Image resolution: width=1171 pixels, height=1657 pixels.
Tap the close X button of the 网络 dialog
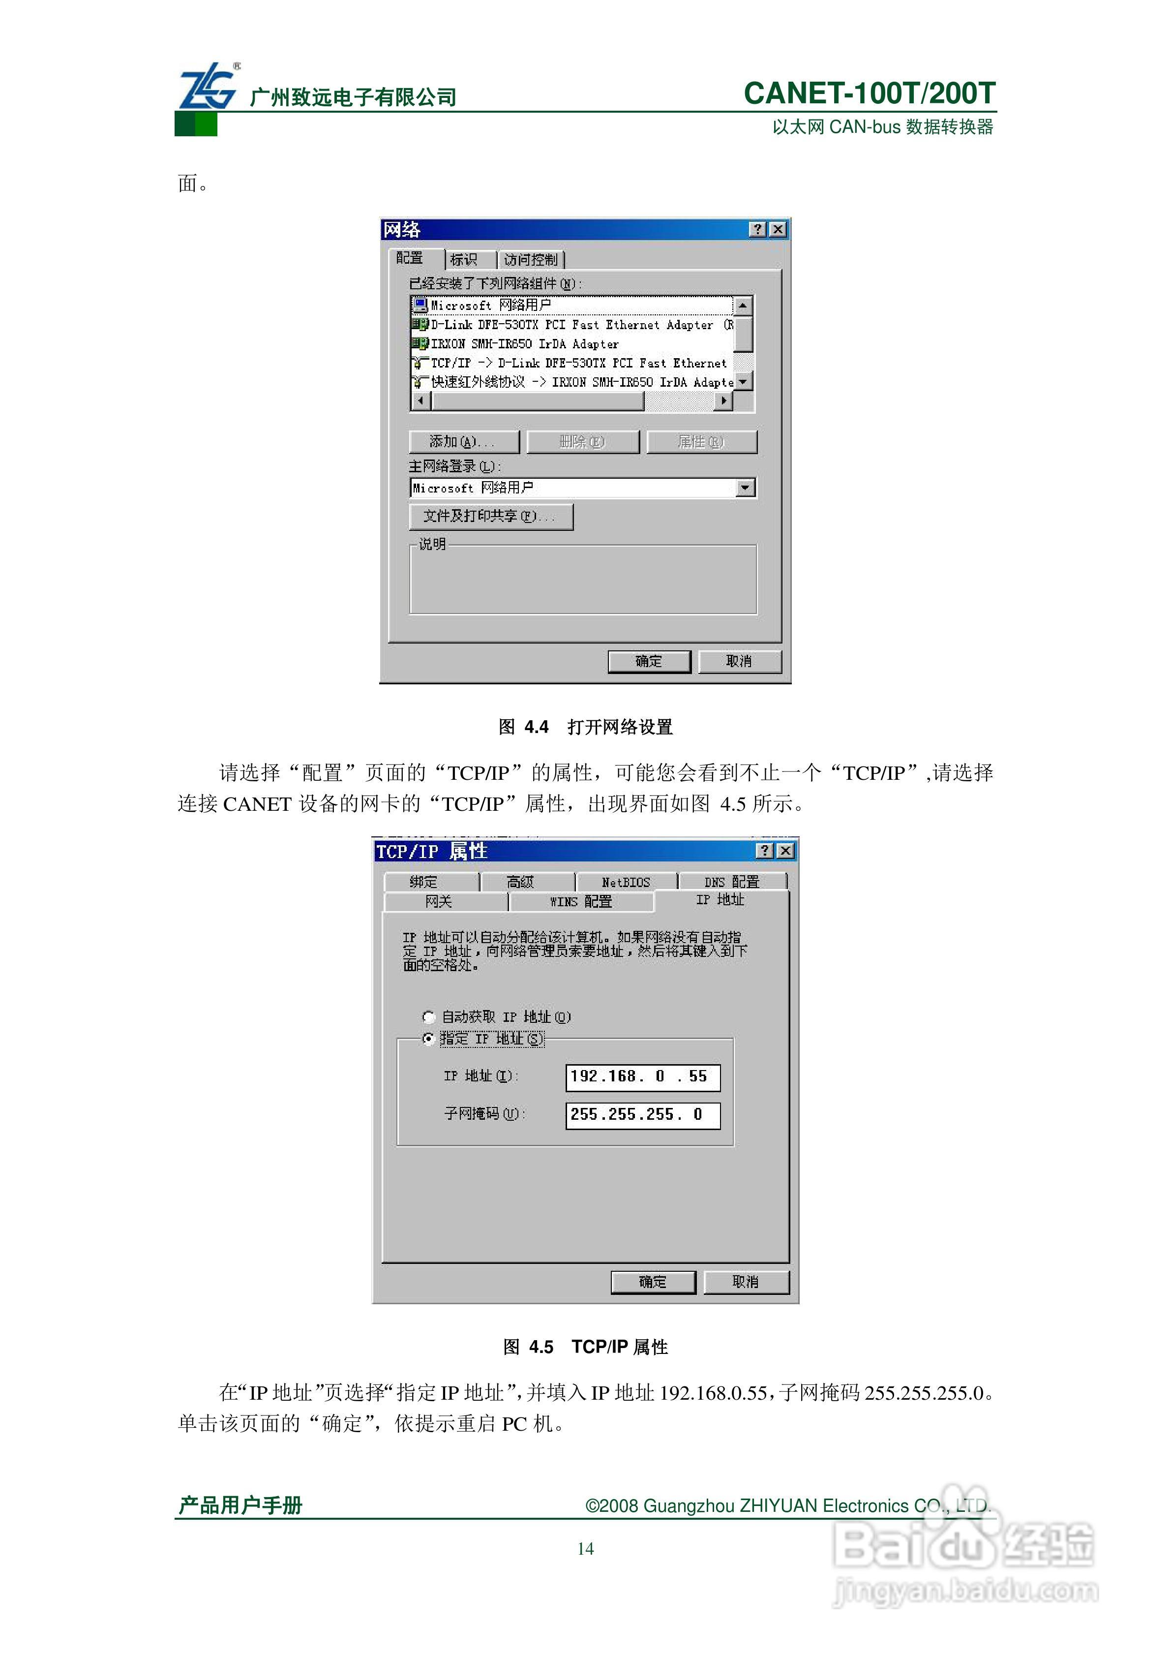[x=777, y=229]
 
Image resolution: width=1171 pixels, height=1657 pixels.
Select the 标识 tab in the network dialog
[x=464, y=259]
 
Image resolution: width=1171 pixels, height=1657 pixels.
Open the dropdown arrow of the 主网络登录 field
[x=745, y=488]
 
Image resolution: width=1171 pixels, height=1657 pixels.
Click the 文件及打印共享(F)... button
[x=491, y=516]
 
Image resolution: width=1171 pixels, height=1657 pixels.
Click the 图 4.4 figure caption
[x=585, y=727]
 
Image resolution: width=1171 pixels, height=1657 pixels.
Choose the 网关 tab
[x=439, y=901]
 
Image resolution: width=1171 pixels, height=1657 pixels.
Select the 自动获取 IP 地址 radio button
[x=428, y=1017]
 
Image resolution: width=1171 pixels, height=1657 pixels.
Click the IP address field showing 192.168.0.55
[x=642, y=1077]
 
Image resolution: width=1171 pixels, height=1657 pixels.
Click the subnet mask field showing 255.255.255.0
[x=642, y=1115]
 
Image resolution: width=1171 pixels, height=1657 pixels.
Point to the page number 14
[x=585, y=1548]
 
